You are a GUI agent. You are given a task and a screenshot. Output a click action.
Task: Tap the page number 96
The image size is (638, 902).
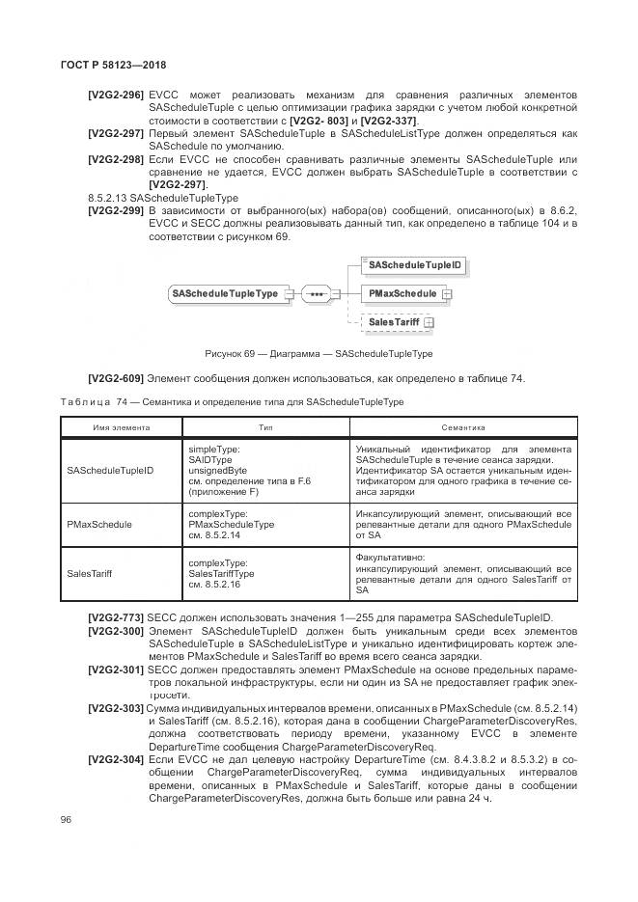click(66, 820)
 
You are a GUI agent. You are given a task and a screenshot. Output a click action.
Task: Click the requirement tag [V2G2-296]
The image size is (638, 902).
click(116, 95)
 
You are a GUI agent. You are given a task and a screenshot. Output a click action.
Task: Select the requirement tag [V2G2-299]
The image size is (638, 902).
click(116, 209)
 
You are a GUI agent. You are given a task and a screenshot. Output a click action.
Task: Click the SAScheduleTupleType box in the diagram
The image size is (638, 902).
click(224, 293)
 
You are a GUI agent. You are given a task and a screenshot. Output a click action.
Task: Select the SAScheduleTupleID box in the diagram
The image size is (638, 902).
click(415, 264)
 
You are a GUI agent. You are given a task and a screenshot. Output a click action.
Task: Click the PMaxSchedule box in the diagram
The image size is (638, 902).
click(402, 293)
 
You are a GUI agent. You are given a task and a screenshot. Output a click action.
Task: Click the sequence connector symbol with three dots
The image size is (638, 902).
click(316, 293)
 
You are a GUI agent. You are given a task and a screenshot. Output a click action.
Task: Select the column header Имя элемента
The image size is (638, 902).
click(121, 427)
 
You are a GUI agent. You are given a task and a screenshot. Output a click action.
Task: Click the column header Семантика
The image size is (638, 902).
click(462, 427)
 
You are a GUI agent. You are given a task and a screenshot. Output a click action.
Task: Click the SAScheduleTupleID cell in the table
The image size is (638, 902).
click(110, 471)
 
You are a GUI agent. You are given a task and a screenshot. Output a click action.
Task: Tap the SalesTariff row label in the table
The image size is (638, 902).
click(90, 573)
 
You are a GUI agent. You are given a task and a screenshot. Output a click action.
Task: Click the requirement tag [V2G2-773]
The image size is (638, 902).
click(116, 617)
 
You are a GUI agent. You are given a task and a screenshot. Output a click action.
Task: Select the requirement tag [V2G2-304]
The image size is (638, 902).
click(116, 760)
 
